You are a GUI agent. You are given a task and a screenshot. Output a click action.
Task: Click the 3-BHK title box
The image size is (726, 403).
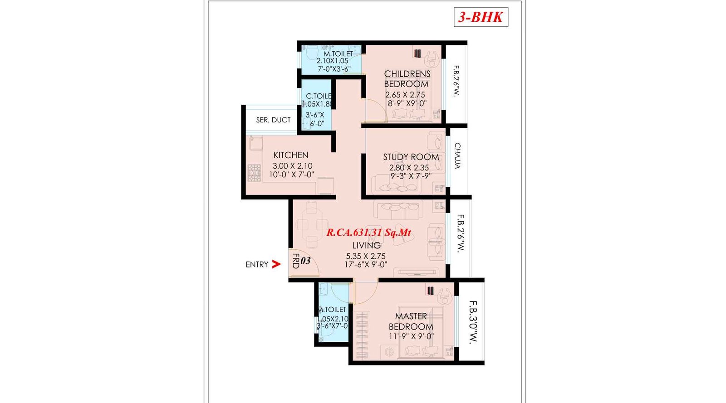pos(481,17)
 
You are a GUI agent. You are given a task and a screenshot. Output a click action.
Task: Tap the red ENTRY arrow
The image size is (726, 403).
pos(276,264)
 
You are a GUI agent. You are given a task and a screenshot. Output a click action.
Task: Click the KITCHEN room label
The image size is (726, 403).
pos(290,155)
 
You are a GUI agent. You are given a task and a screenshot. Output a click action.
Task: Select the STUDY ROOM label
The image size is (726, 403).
pos(411,157)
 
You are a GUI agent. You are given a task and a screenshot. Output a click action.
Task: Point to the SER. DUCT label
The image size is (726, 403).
pos(273,120)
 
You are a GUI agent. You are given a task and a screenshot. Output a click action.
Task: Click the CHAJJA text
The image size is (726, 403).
pos(457,155)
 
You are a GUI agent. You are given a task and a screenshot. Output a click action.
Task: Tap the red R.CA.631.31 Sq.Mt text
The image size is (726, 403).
pos(368,233)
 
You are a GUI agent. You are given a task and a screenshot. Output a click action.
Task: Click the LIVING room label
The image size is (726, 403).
pos(366,245)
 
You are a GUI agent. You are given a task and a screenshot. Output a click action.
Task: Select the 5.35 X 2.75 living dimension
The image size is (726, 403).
pos(366,256)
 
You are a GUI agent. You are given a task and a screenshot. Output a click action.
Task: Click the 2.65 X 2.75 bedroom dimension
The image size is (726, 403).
pos(405,95)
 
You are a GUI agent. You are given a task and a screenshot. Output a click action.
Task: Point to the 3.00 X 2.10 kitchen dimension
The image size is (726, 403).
pos(292,166)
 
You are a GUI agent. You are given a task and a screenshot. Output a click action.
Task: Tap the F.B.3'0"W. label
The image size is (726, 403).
pos(473,322)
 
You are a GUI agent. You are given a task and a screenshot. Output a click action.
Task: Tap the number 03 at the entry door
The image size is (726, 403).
pos(305,261)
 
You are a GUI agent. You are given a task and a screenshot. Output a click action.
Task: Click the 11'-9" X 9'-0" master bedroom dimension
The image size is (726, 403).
pos(411,336)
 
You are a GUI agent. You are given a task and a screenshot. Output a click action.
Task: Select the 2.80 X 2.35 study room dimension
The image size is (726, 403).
pos(409,167)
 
